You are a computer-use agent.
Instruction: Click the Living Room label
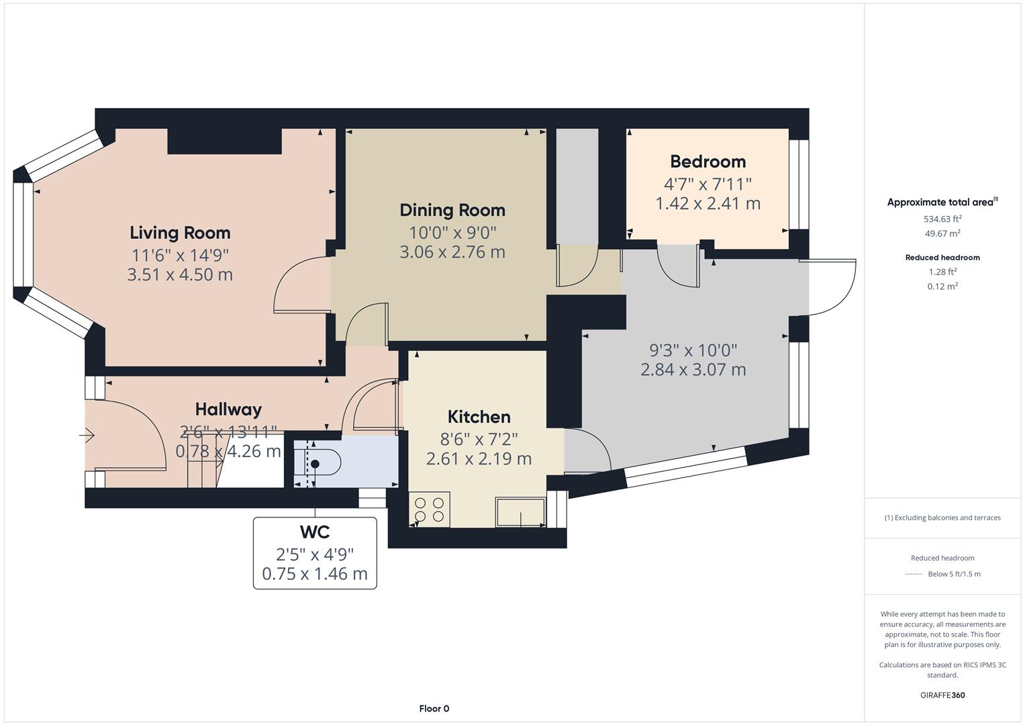coord(180,233)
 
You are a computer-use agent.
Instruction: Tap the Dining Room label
coord(452,210)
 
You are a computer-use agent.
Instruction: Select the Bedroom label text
coord(707,162)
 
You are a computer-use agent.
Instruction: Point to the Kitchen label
coord(479,417)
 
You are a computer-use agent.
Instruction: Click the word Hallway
coord(228,409)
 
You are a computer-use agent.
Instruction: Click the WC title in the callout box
coord(314,532)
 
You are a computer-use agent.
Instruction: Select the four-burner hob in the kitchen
coord(429,509)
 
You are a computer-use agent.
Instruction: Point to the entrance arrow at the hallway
coord(87,436)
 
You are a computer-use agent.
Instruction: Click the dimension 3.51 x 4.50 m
coord(180,275)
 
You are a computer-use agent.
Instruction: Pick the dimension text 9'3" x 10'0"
coord(693,350)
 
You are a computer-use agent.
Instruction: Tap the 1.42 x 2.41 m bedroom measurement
coord(707,203)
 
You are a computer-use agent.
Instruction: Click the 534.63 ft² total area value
coord(942,219)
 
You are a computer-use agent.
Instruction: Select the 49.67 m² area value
coord(942,234)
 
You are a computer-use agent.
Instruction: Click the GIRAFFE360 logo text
coord(942,695)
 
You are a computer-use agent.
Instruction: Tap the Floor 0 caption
coord(434,708)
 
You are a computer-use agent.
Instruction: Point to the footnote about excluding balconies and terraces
coord(942,518)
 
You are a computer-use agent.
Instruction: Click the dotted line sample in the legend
coord(914,574)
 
